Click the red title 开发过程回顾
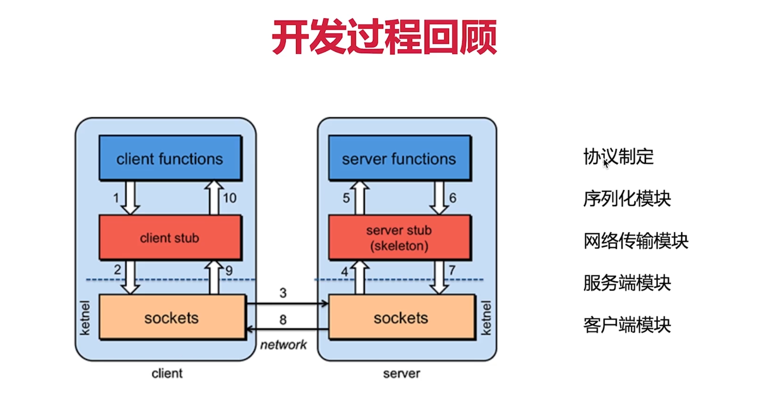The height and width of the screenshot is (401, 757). click(x=384, y=37)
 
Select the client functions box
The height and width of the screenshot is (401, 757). click(x=170, y=158)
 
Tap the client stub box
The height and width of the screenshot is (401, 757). click(x=170, y=237)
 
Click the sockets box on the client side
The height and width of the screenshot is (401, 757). click(x=172, y=317)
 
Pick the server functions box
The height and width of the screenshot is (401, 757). click(x=399, y=158)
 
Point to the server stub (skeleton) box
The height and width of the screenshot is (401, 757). click(x=399, y=237)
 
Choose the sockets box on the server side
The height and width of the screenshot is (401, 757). click(x=401, y=317)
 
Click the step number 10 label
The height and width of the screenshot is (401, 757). click(x=229, y=198)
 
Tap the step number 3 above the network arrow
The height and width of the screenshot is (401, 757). click(x=283, y=293)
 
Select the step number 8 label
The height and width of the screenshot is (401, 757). click(x=283, y=319)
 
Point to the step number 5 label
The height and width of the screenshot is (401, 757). click(x=346, y=198)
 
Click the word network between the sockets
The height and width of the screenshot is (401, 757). click(x=283, y=344)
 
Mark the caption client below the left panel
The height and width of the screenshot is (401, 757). click(x=167, y=373)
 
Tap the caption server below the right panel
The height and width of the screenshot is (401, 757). click(x=402, y=373)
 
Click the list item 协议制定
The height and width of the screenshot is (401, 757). click(x=618, y=157)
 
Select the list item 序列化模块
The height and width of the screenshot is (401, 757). click(x=627, y=199)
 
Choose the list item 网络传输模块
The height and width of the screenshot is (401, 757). click(x=636, y=241)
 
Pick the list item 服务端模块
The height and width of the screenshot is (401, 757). click(x=627, y=283)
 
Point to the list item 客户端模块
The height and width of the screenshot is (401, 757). click(x=627, y=325)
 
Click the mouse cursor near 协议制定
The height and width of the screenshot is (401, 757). click(x=606, y=164)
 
